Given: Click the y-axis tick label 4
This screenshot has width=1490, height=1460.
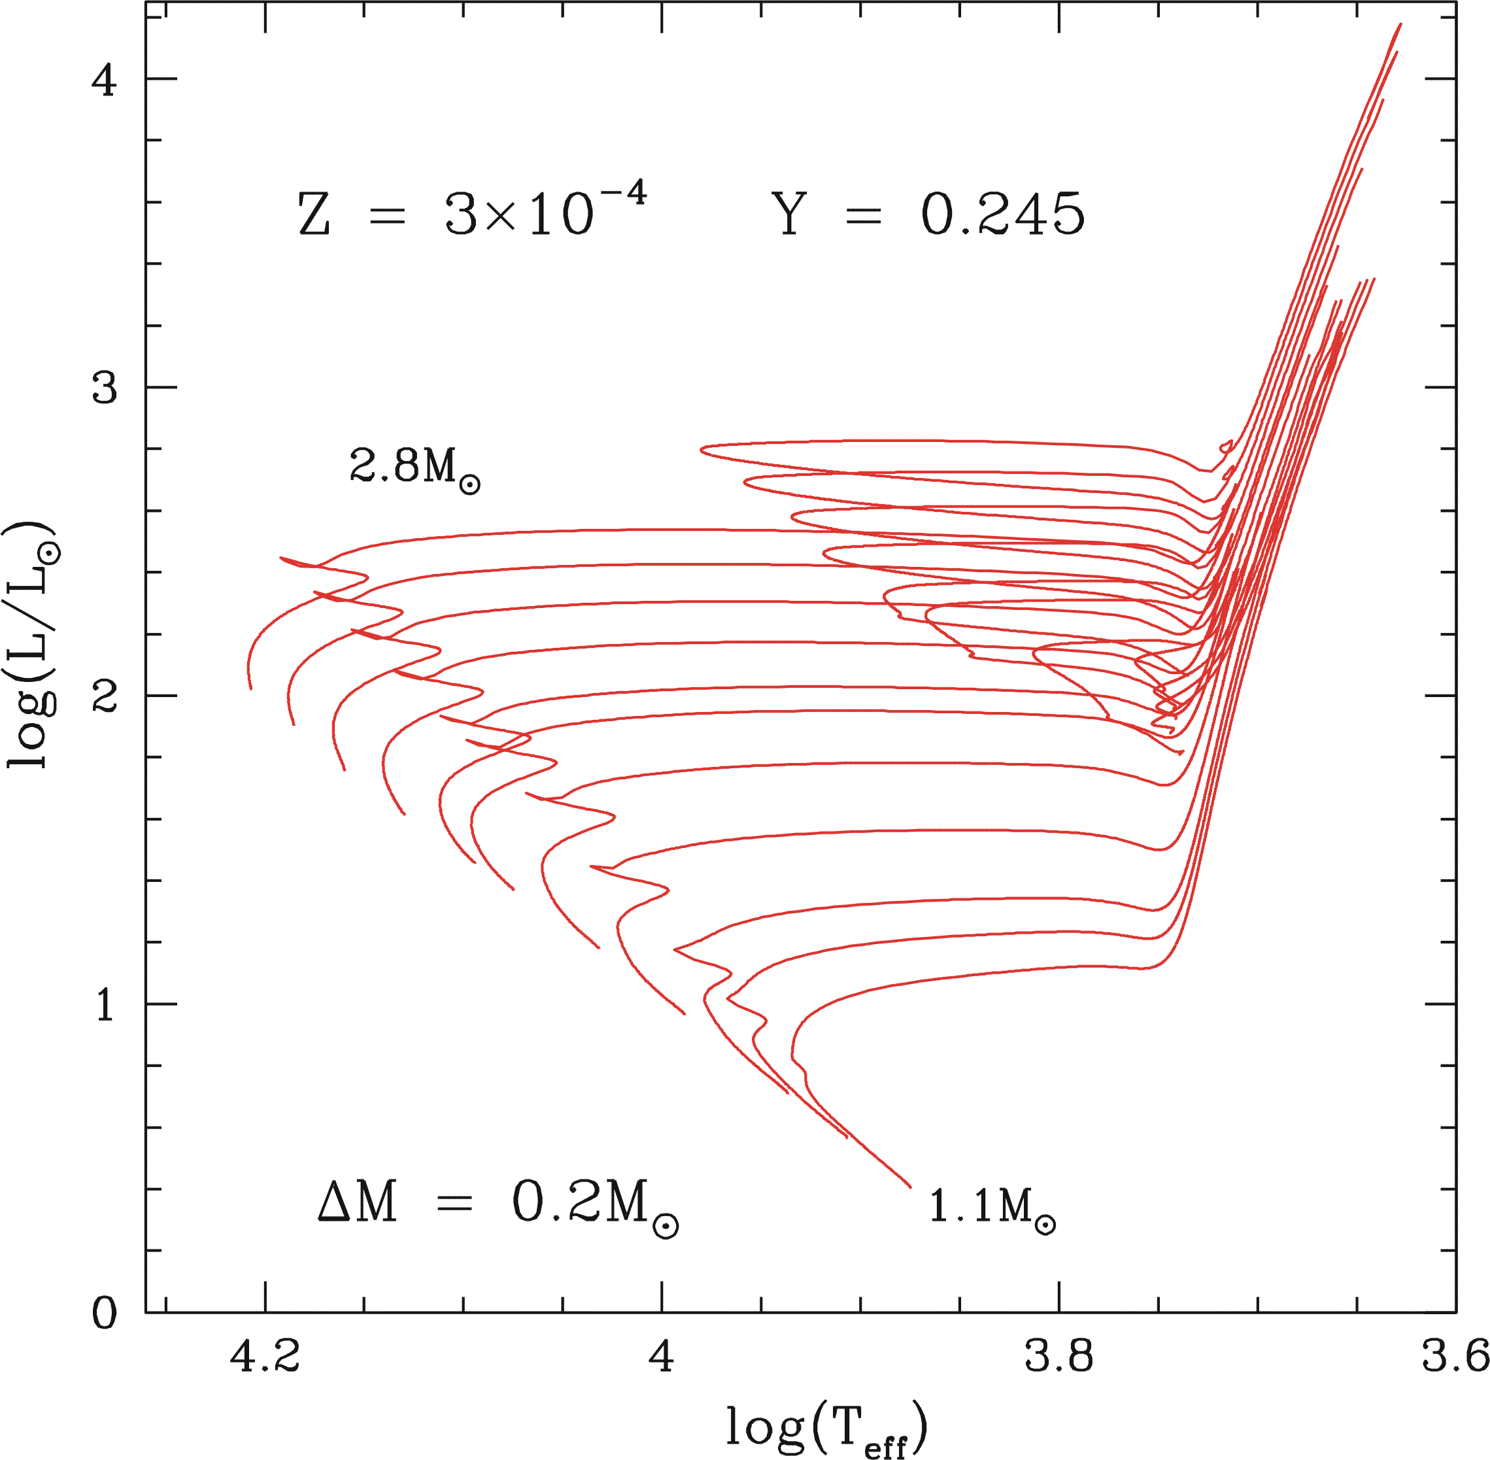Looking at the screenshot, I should tap(103, 79).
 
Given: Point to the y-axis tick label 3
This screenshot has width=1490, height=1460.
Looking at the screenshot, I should tap(103, 388).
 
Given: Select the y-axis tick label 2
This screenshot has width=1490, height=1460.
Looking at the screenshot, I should tap(103, 696).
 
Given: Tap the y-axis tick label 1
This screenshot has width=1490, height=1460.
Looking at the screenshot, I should tap(103, 1004).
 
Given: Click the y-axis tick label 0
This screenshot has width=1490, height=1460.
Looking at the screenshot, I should tap(103, 1314).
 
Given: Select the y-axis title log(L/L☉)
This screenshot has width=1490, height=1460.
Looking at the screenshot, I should tap(32, 644).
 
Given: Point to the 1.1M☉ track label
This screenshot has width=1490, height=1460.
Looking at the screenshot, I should tap(991, 1208).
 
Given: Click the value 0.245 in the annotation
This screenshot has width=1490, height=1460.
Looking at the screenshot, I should tap(1003, 214).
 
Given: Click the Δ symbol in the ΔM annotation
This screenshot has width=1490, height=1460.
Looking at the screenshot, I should tap(334, 1202).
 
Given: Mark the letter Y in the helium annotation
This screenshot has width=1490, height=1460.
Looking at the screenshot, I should tap(790, 214).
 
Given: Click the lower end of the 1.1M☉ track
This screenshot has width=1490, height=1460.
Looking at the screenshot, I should tap(910, 1186).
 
